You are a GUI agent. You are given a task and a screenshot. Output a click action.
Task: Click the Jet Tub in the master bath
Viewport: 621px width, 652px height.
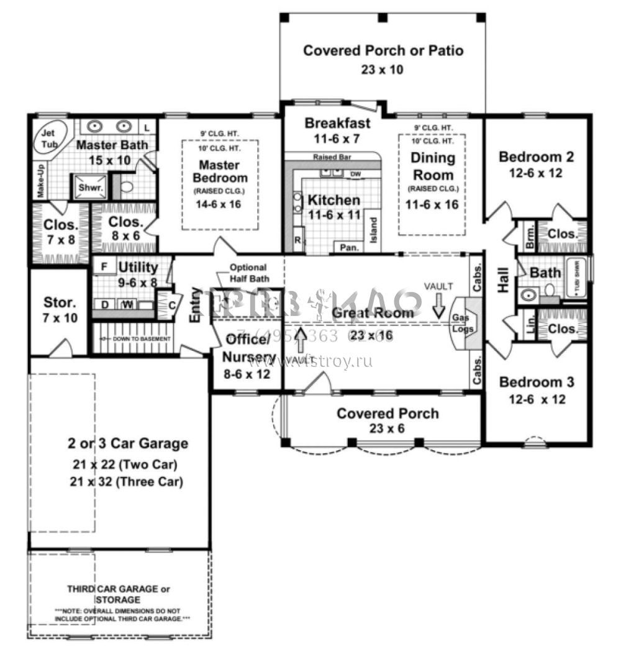48,138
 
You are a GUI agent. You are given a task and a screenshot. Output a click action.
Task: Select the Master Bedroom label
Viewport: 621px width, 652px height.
220,172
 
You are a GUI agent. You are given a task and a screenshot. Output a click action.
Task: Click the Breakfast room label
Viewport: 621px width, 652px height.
338,123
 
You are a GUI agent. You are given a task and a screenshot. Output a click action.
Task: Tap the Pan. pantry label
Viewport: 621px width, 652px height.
347,247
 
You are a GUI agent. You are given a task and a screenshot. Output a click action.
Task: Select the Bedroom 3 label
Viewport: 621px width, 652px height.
537,382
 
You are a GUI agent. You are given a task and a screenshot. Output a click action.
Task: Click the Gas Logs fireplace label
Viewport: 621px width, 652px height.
460,322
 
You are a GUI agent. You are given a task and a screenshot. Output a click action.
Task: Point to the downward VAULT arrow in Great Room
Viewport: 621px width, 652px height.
440,306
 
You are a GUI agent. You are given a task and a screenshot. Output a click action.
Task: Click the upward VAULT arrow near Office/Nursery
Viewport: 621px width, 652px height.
301,340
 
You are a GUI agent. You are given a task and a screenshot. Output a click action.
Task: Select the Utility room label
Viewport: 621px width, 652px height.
138,268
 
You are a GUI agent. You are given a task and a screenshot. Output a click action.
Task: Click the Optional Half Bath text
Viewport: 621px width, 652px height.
248,273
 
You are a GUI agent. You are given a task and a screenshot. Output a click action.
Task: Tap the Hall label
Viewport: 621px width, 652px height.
503,280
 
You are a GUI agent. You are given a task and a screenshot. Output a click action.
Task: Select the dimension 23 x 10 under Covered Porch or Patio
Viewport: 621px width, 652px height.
382,70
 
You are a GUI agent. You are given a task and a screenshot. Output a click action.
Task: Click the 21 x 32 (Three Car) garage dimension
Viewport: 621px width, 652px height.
128,481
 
